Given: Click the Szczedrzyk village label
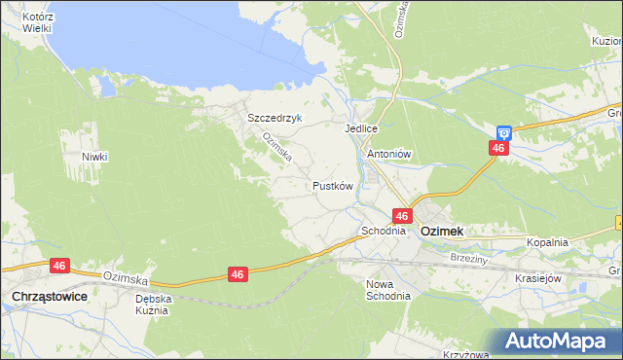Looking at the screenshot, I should (275, 118).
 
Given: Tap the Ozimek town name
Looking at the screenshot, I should (441, 232).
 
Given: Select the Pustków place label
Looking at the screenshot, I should (332, 185).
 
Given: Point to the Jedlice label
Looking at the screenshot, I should (360, 128).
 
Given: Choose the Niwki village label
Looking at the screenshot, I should (94, 157).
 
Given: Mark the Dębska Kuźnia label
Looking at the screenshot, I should (154, 305).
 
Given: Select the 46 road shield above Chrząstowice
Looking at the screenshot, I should (59, 265).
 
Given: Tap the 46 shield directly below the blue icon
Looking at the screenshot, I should (498, 148).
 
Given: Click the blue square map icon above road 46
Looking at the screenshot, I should (503, 131).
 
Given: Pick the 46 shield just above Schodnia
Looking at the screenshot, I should (401, 214).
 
